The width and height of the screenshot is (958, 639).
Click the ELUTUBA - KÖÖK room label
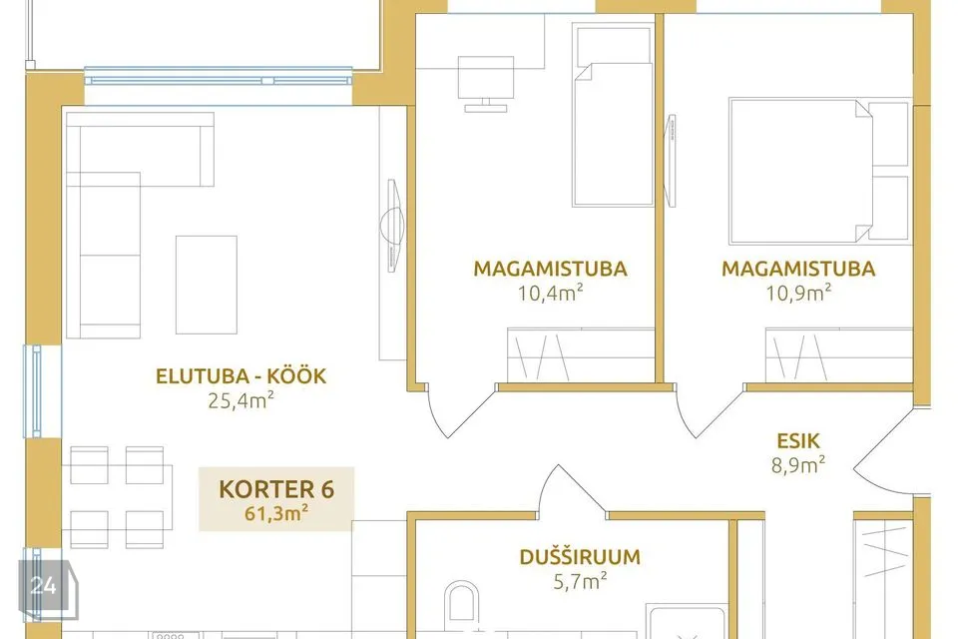[x=240, y=375]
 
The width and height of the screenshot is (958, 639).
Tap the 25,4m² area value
[x=240, y=400]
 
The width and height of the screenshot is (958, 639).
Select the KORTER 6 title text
[x=276, y=489]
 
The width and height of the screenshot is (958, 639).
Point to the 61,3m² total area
[x=276, y=513]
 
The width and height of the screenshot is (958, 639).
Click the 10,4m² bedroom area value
[x=550, y=293]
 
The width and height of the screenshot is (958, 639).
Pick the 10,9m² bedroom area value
[x=798, y=293]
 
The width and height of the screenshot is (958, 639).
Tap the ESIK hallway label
[x=798, y=441]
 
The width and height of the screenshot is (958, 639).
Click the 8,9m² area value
[x=798, y=464]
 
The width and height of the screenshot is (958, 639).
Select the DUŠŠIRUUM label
[x=580, y=556]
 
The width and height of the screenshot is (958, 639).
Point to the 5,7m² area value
[x=580, y=580]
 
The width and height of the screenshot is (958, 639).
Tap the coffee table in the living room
[x=207, y=285]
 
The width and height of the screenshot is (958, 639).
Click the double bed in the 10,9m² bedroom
[x=818, y=171]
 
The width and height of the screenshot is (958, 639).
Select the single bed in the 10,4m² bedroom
[x=613, y=115]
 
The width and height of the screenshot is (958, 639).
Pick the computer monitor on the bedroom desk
[x=486, y=84]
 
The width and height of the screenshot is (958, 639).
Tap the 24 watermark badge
[x=45, y=586]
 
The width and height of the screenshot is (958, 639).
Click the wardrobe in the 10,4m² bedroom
[x=581, y=355]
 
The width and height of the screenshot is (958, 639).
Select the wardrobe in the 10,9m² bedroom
[x=839, y=355]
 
